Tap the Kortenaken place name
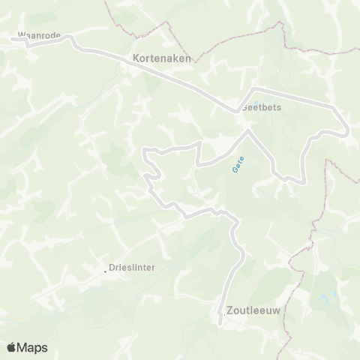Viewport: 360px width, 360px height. coord(162,56)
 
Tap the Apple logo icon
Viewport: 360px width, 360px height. coord(13,347)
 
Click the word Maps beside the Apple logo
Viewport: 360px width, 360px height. coord(33,347)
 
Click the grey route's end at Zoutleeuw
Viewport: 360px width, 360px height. coord(220,324)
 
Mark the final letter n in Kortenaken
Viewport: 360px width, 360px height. coord(188,56)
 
